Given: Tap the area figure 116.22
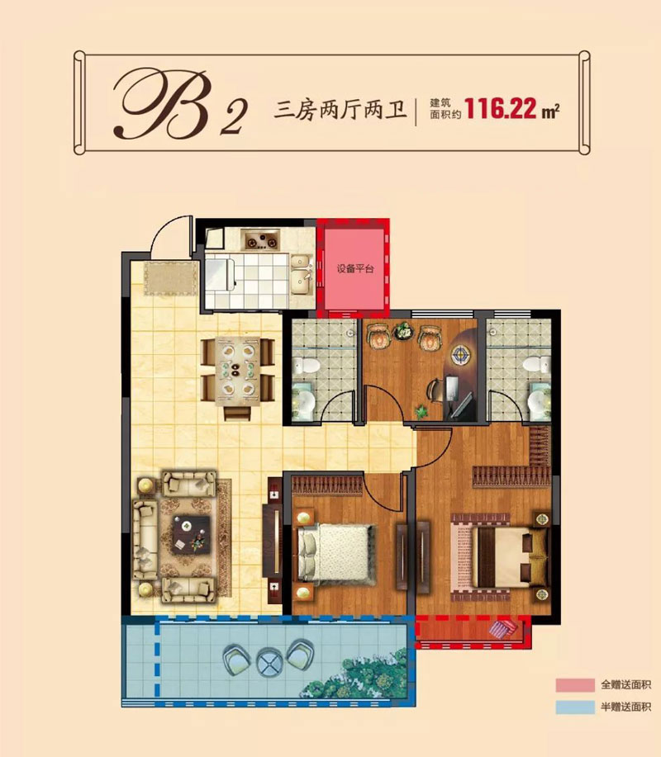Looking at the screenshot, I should (502, 109).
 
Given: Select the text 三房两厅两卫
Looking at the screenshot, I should (339, 111).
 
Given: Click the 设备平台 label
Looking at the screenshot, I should (353, 269).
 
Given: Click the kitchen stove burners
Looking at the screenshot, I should (261, 241).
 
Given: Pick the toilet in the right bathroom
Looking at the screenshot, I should (536, 363).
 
